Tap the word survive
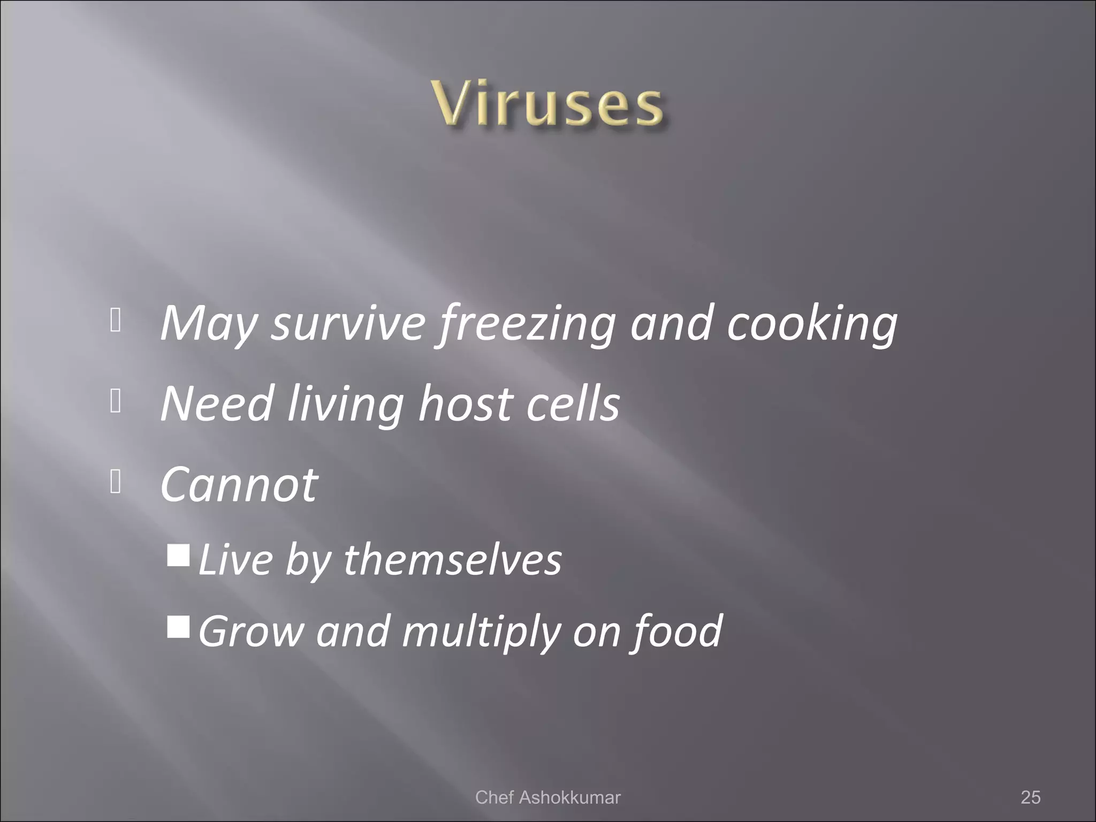(347, 324)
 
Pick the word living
(345, 404)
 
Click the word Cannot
(239, 484)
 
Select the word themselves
(452, 560)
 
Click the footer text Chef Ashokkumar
(547, 797)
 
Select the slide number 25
(1030, 797)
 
